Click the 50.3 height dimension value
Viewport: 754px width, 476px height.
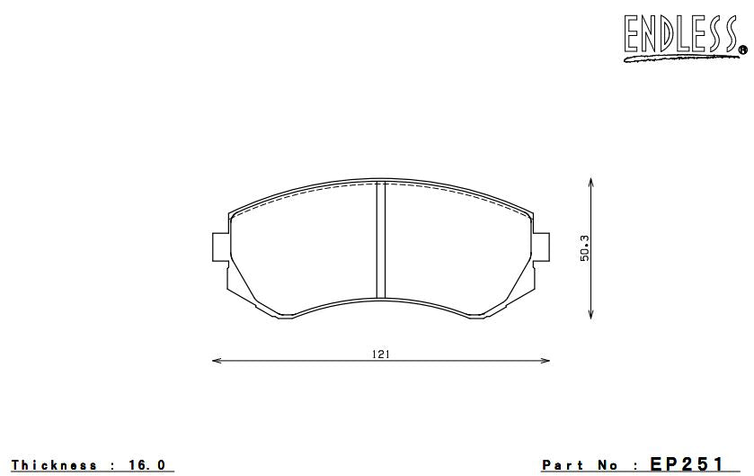click(584, 248)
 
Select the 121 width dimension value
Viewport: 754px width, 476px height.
click(380, 354)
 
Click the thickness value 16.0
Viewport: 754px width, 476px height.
click(147, 465)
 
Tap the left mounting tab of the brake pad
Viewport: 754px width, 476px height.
click(219, 248)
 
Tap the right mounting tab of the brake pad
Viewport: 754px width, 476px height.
click(541, 248)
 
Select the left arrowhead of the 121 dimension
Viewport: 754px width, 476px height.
click(216, 362)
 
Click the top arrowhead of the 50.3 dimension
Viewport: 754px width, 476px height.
click(590, 182)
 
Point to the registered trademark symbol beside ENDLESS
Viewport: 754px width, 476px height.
click(741, 49)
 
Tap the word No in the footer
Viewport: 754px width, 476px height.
click(608, 465)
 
